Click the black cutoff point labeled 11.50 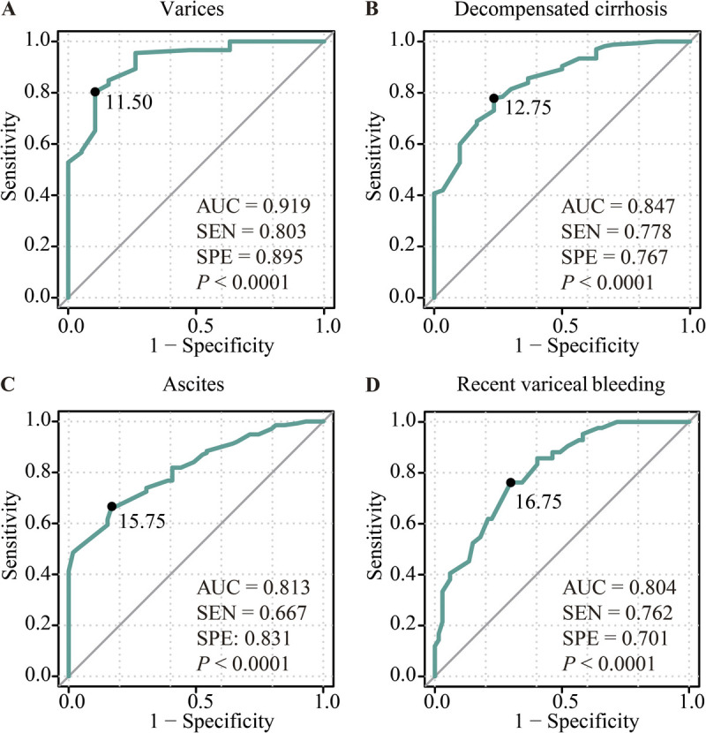click(94, 92)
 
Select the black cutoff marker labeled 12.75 click(494, 98)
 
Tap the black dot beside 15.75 click(111, 506)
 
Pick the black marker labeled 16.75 click(511, 482)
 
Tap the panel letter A click(8, 11)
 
